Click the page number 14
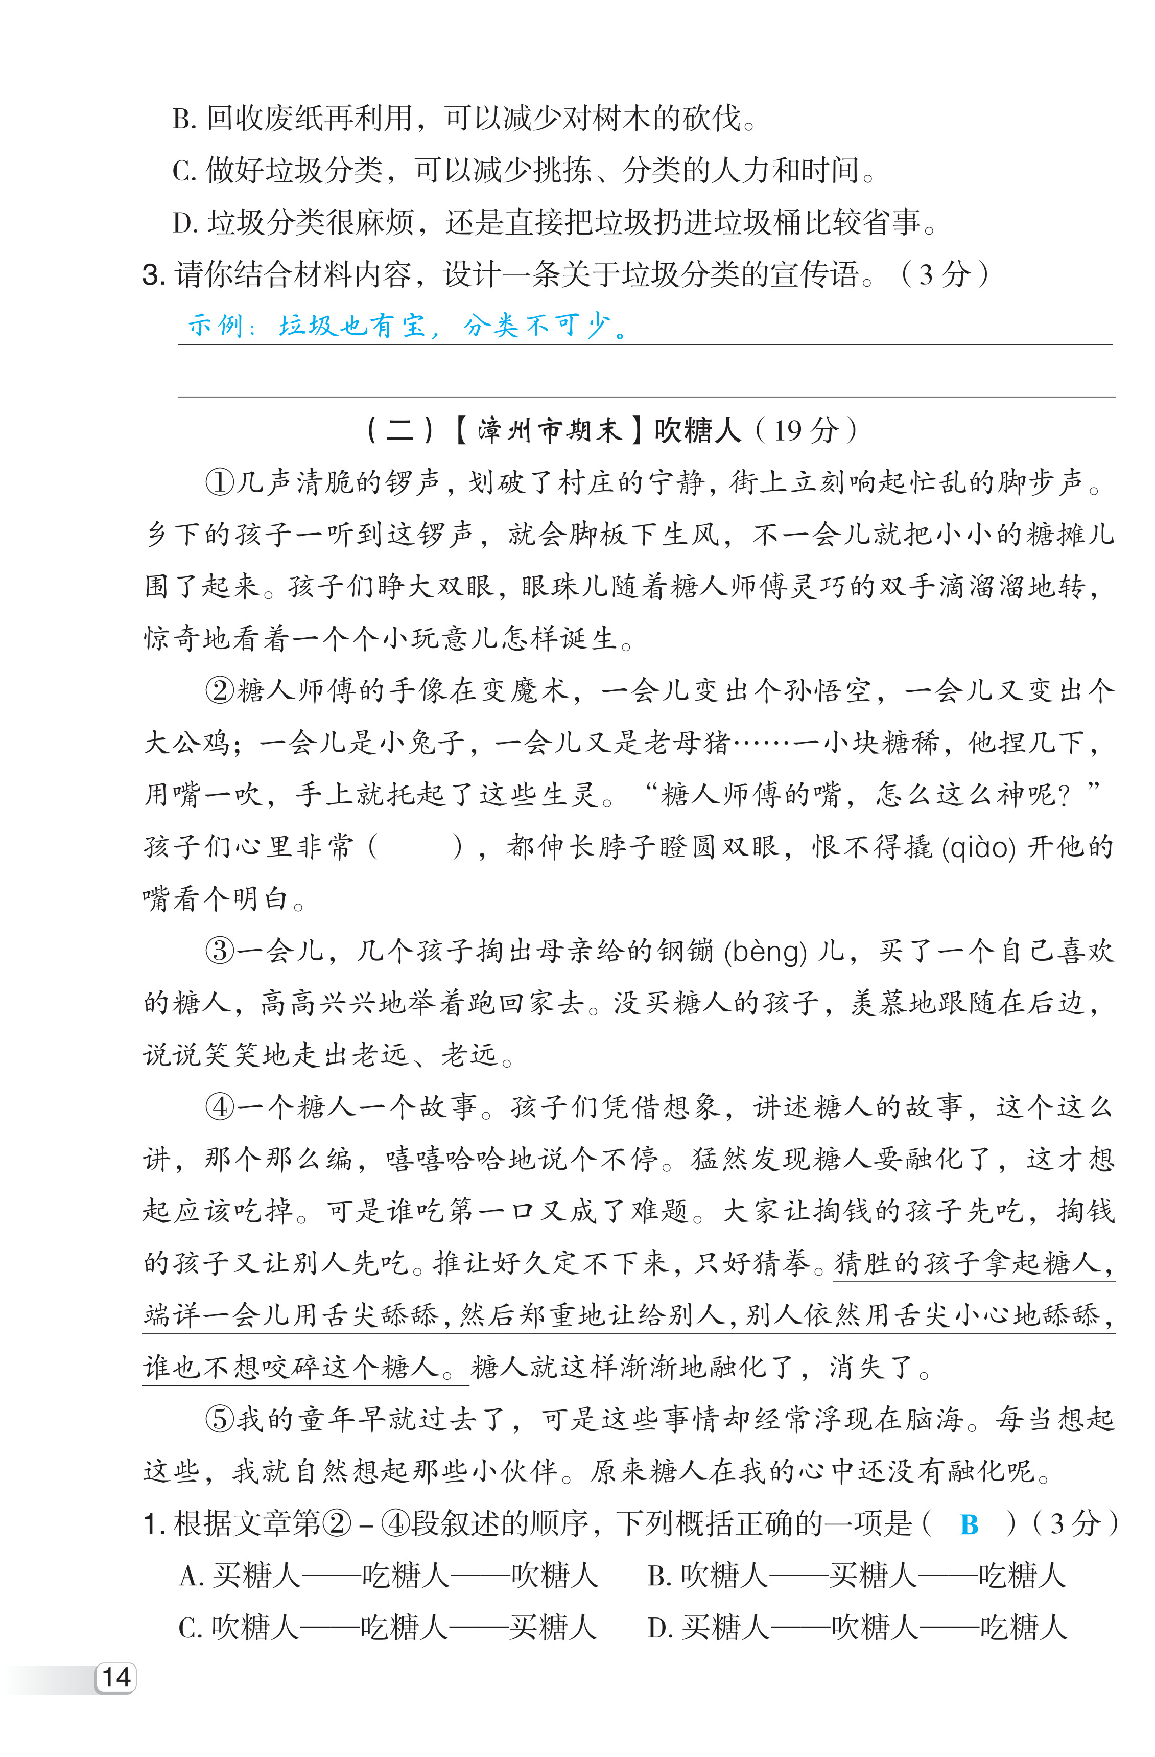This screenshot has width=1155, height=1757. [116, 1677]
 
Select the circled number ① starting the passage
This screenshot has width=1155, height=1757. [219, 483]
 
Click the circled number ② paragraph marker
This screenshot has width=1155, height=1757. [219, 691]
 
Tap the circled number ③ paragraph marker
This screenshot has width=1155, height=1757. [219, 951]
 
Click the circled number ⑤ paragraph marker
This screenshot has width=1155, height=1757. [219, 1420]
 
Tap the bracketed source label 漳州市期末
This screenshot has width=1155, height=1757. [548, 430]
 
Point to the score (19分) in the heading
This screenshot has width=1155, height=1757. [807, 430]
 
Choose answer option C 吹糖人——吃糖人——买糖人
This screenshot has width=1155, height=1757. [387, 1628]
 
